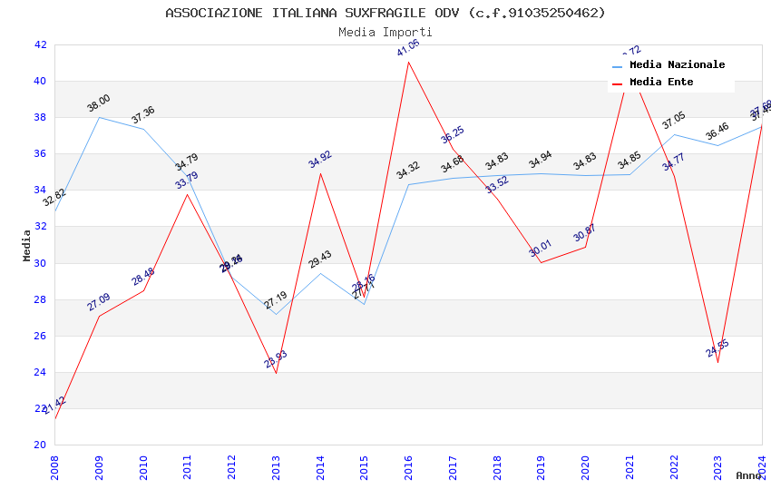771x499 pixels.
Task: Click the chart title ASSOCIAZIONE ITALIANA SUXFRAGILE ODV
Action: tap(385, 13)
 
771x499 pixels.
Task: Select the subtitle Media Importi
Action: tap(385, 32)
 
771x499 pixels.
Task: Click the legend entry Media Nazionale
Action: tap(677, 65)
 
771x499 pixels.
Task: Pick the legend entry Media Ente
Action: tap(661, 83)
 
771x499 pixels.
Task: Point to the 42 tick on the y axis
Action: tap(40, 44)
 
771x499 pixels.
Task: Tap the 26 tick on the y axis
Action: tap(40, 336)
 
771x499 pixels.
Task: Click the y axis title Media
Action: tap(27, 245)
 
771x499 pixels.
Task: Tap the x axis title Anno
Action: tap(748, 475)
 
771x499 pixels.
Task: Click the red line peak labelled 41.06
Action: tap(408, 62)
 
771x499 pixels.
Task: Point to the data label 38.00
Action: tap(98, 103)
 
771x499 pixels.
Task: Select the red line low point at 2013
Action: tap(276, 373)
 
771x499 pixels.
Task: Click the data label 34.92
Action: tap(320, 160)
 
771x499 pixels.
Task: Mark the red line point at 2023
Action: tap(717, 363)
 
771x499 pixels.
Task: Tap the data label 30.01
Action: tap(541, 249)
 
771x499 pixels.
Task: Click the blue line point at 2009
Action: tap(99, 117)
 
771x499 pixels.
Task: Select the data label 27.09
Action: tap(98, 302)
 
